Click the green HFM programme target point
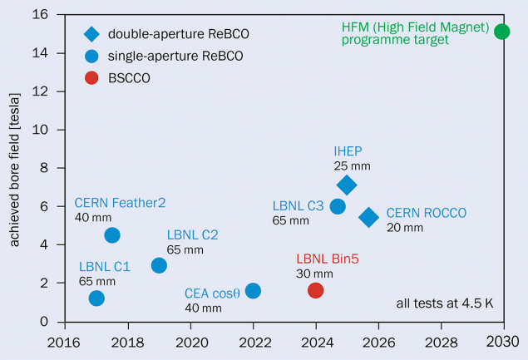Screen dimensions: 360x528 pyautogui.click(x=501, y=32)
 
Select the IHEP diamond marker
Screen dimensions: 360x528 pyautogui.click(x=347, y=185)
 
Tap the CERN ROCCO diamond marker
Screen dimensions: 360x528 pyautogui.click(x=368, y=217)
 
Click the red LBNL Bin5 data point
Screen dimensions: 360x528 pyautogui.click(x=315, y=290)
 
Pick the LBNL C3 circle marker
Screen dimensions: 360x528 pyautogui.click(x=338, y=206)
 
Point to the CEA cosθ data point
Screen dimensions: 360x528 pyautogui.click(x=253, y=290)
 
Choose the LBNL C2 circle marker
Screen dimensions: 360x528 pyautogui.click(x=159, y=265)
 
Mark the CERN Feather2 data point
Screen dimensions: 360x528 pyautogui.click(x=112, y=235)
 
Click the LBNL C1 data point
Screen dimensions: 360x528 pyautogui.click(x=96, y=298)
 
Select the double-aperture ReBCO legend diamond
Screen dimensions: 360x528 pyautogui.click(x=91, y=34)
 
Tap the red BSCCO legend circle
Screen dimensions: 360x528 pyautogui.click(x=91, y=78)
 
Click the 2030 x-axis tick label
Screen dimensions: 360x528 pyautogui.click(x=501, y=341)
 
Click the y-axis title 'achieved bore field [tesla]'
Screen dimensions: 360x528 pyautogui.click(x=14, y=169)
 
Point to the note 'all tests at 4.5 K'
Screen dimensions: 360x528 pyautogui.click(x=444, y=302)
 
